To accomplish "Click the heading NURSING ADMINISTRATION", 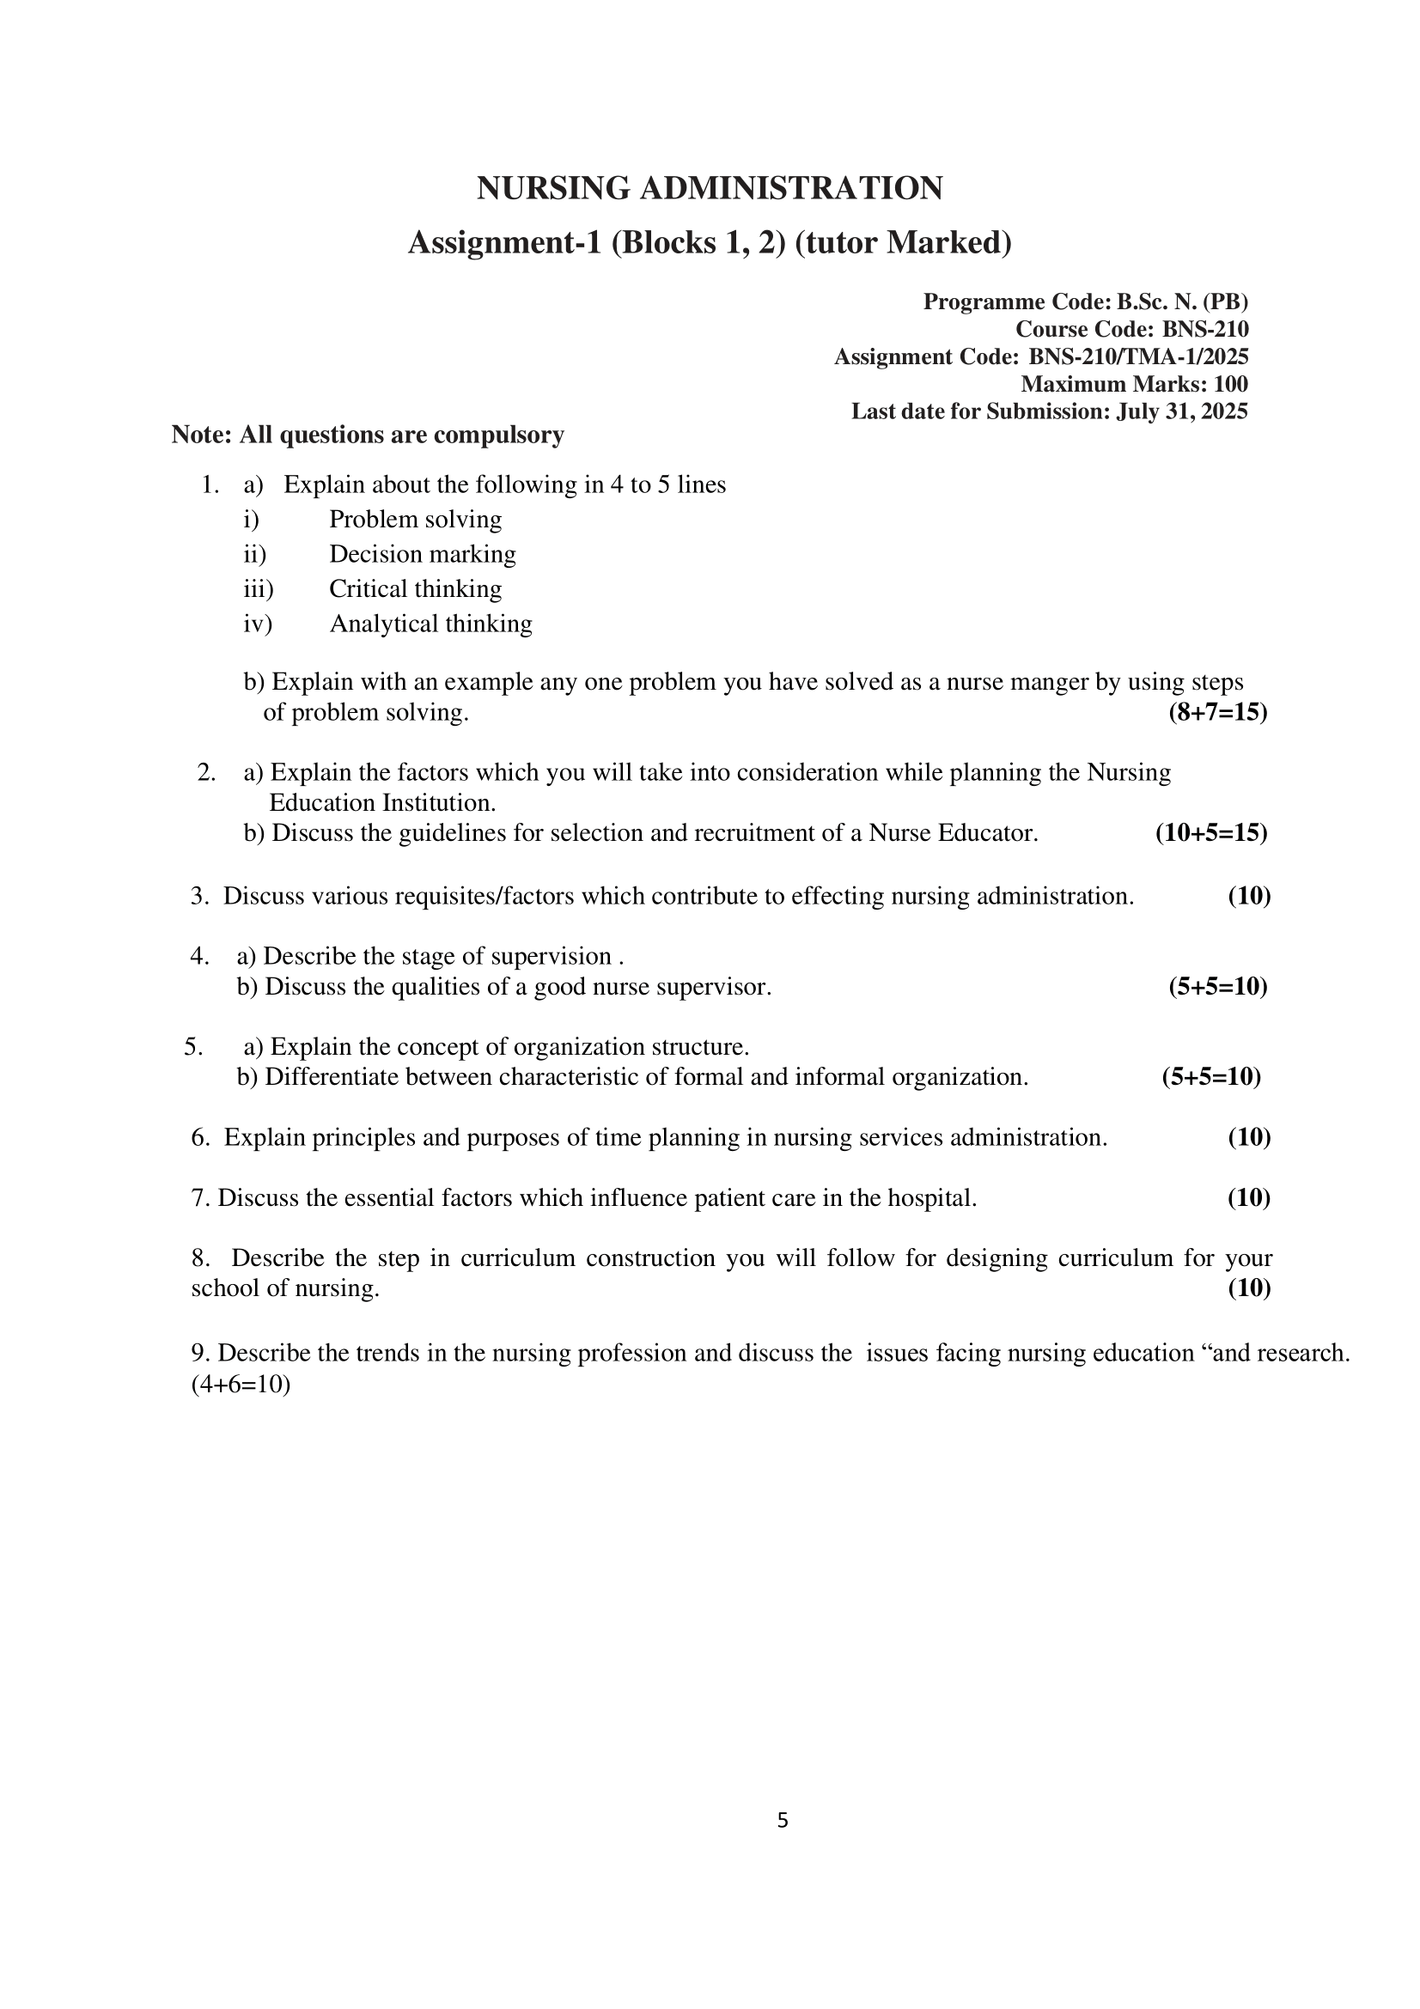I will click(710, 188).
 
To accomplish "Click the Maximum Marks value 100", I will click(1230, 384).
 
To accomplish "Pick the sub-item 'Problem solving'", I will click(415, 520).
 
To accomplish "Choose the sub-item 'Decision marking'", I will click(422, 555).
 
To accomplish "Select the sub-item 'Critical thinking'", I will click(415, 589).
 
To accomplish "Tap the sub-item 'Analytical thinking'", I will click(430, 624).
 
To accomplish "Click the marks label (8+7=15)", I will click(1217, 712).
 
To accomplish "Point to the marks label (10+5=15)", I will click(1211, 833).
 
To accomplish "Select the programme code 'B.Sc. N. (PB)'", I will click(1182, 301).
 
